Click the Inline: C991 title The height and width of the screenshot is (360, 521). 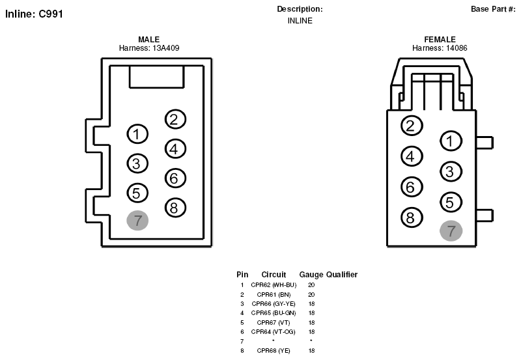(34, 14)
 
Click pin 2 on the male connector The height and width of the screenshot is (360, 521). (175, 119)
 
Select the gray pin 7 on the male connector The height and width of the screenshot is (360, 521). (137, 220)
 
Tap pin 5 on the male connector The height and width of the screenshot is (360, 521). (137, 193)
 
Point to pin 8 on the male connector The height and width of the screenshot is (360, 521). (175, 208)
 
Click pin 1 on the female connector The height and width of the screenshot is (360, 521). (451, 141)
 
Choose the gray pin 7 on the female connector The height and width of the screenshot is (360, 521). (451, 231)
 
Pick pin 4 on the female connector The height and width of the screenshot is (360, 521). (412, 156)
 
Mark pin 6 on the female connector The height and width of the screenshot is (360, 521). (412, 187)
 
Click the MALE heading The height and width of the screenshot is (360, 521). (149, 40)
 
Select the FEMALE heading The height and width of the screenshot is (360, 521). (440, 40)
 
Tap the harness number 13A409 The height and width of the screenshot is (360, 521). (166, 48)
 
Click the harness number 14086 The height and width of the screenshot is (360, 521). (457, 48)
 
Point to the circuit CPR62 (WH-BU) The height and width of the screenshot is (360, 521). (274, 285)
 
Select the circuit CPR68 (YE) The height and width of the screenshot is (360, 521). (274, 351)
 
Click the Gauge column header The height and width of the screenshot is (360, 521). (311, 275)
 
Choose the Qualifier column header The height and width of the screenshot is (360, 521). (342, 275)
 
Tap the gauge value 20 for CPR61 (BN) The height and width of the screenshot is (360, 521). (311, 295)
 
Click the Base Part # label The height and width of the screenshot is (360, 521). (493, 9)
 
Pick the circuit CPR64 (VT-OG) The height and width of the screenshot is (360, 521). (274, 332)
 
